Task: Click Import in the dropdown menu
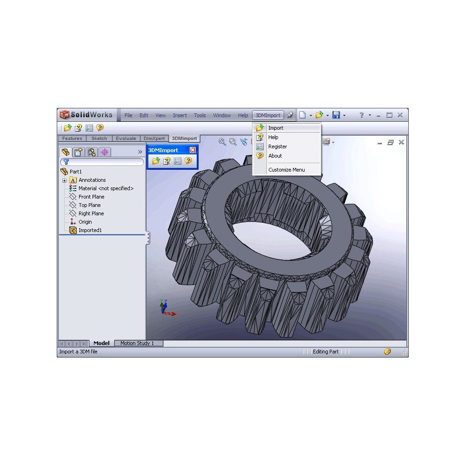click(x=276, y=128)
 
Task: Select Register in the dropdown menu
click(x=278, y=146)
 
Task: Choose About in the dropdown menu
click(x=275, y=156)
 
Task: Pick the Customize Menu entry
click(x=286, y=170)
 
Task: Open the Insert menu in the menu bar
click(x=180, y=115)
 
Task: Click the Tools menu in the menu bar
click(x=200, y=115)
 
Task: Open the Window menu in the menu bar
click(x=222, y=115)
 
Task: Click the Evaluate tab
click(x=126, y=139)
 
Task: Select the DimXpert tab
click(x=153, y=139)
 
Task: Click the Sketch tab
click(x=99, y=139)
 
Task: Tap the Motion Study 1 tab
click(x=137, y=343)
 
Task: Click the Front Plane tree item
click(x=91, y=197)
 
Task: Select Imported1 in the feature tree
click(x=90, y=230)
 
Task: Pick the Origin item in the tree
click(x=85, y=222)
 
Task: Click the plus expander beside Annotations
click(x=64, y=180)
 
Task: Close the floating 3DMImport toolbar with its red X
click(x=193, y=150)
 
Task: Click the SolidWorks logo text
click(x=91, y=115)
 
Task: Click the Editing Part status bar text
click(x=325, y=352)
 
